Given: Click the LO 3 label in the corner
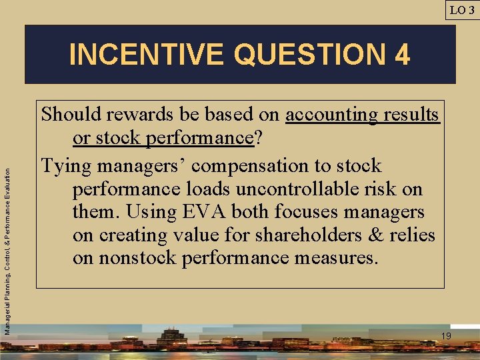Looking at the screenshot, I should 461,9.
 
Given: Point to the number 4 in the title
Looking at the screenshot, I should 402,55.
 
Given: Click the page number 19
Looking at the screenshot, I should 446,336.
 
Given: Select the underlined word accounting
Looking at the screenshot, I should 331,115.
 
